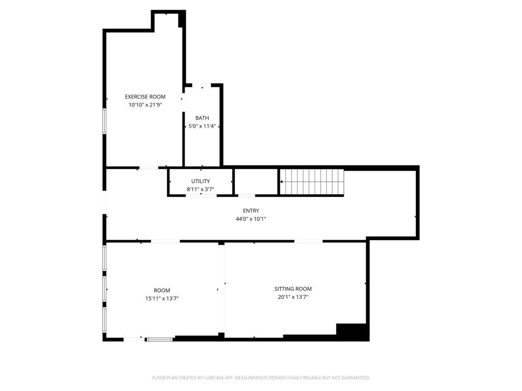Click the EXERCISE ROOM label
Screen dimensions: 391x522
[145, 97]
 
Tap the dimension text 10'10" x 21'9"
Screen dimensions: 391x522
[145, 105]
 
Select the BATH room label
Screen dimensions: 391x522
[202, 118]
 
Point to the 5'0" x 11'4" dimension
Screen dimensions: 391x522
[202, 126]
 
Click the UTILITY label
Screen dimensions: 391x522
[200, 181]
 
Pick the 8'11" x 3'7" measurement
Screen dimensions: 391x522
[200, 189]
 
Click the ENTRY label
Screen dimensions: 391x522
[251, 211]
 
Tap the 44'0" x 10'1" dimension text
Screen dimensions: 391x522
[251, 219]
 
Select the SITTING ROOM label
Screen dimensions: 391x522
[293, 289]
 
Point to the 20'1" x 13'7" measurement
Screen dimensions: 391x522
[293, 297]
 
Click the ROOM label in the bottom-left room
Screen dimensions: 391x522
[162, 291]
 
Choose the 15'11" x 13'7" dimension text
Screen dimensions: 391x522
[162, 299]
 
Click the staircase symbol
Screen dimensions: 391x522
[312, 181]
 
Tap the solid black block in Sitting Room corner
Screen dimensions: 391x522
[352, 331]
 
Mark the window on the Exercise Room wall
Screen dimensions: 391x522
[105, 121]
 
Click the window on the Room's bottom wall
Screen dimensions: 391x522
[160, 339]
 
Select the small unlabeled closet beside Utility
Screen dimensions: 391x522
[256, 181]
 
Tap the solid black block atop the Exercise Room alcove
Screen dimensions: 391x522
[181, 20]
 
